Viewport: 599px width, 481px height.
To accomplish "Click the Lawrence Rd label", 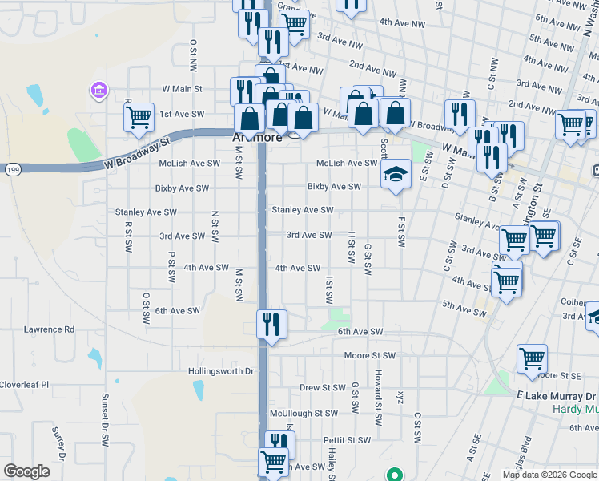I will point(49,329).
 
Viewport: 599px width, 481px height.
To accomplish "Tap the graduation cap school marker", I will point(395,174).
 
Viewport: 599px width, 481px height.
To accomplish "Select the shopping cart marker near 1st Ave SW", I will point(139,117).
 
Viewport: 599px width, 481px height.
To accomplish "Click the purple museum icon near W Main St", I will point(99,89).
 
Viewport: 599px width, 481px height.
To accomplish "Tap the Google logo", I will point(26,471).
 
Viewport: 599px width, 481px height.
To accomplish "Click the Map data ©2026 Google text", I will point(549,475).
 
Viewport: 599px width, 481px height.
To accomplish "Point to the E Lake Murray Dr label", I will point(556,396).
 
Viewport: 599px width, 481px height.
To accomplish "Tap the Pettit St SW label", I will point(347,440).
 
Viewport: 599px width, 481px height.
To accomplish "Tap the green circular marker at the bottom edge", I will point(393,475).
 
